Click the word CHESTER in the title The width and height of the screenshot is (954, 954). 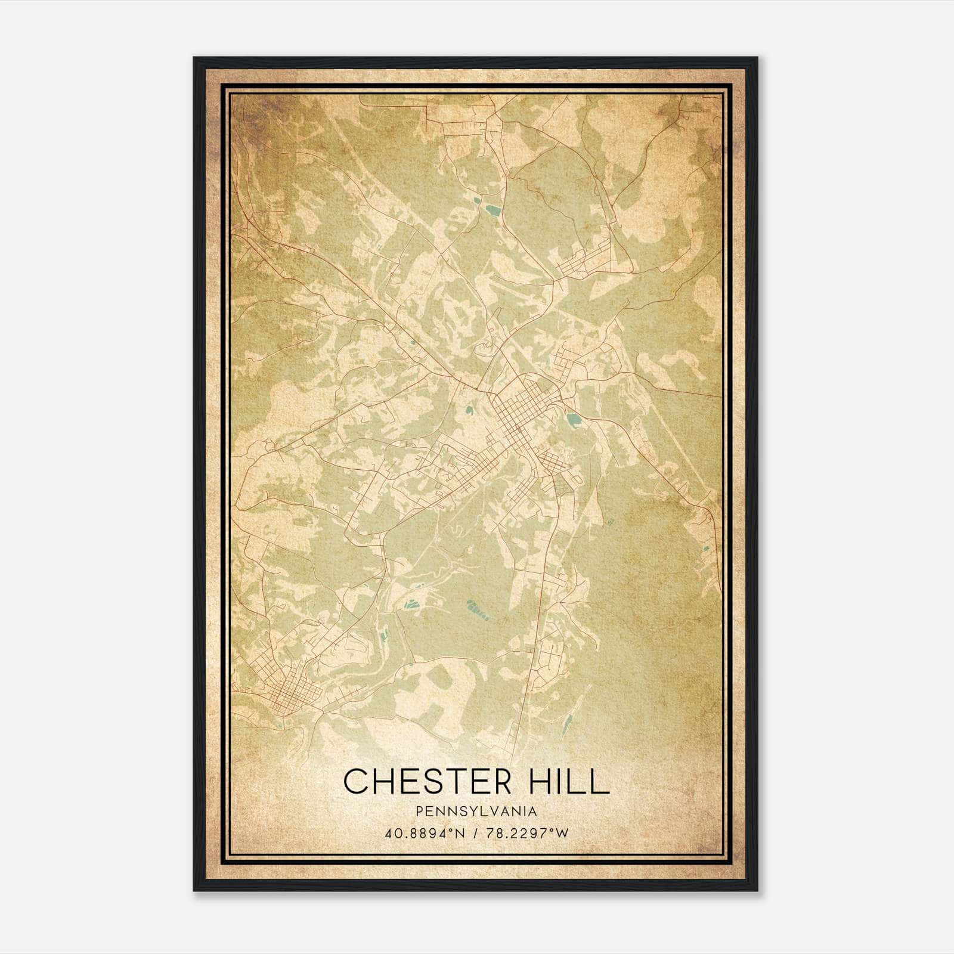click(x=427, y=781)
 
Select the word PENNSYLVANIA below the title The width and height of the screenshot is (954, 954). click(x=476, y=811)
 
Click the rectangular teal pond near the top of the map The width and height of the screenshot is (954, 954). click(x=493, y=210)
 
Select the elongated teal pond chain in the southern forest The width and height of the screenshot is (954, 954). click(x=477, y=609)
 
